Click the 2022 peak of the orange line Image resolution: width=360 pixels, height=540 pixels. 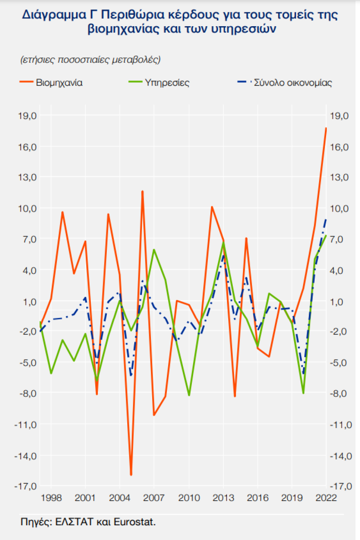point(326,128)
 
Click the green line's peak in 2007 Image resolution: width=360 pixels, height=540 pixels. point(154,249)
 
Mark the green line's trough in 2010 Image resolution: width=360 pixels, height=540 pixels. point(189,395)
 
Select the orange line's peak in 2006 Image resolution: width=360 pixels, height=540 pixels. point(142,191)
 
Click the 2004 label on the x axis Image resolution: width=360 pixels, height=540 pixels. point(120,498)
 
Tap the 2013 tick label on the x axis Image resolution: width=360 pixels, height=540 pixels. point(223,498)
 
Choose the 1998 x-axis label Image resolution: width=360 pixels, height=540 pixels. point(51,498)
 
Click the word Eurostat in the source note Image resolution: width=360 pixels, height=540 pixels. point(136,522)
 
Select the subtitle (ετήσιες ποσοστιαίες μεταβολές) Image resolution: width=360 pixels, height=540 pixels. point(90,59)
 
